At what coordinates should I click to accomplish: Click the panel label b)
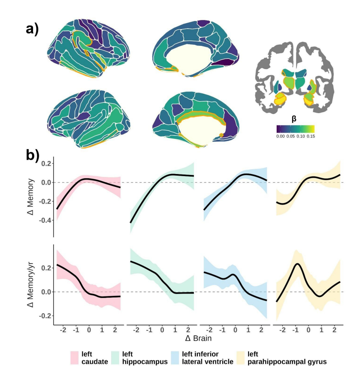[x=33, y=155]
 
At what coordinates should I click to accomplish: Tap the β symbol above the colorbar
[x=294, y=120]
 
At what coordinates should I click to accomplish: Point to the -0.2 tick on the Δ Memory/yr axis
[x=45, y=315]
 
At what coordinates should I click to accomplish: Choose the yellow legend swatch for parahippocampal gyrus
[x=242, y=357]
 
